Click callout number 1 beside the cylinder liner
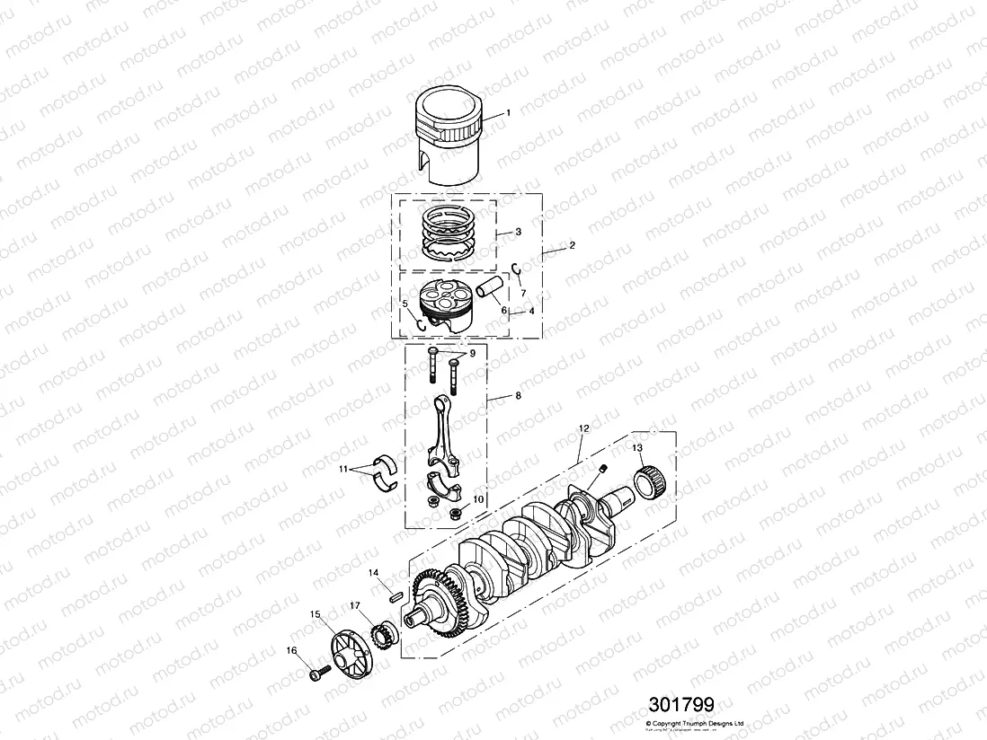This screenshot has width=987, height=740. pyautogui.click(x=508, y=113)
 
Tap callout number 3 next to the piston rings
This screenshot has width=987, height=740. pyautogui.click(x=519, y=232)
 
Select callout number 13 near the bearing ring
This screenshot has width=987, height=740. pyautogui.click(x=637, y=447)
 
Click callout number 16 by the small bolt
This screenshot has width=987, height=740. pyautogui.click(x=291, y=650)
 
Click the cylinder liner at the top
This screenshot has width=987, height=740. pyautogui.click(x=447, y=135)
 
